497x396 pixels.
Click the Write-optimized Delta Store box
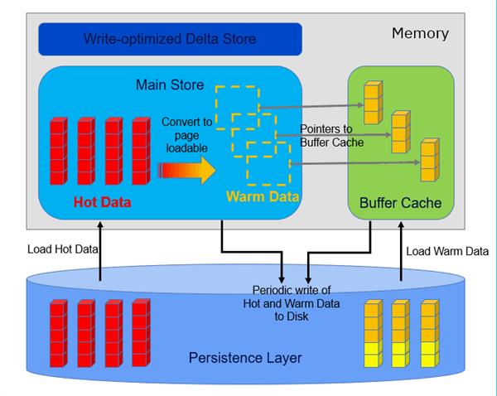169,38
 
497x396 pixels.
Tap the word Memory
420,34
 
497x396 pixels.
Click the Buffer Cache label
400,202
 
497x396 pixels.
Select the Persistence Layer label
245,358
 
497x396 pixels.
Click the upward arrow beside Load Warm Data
400,253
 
